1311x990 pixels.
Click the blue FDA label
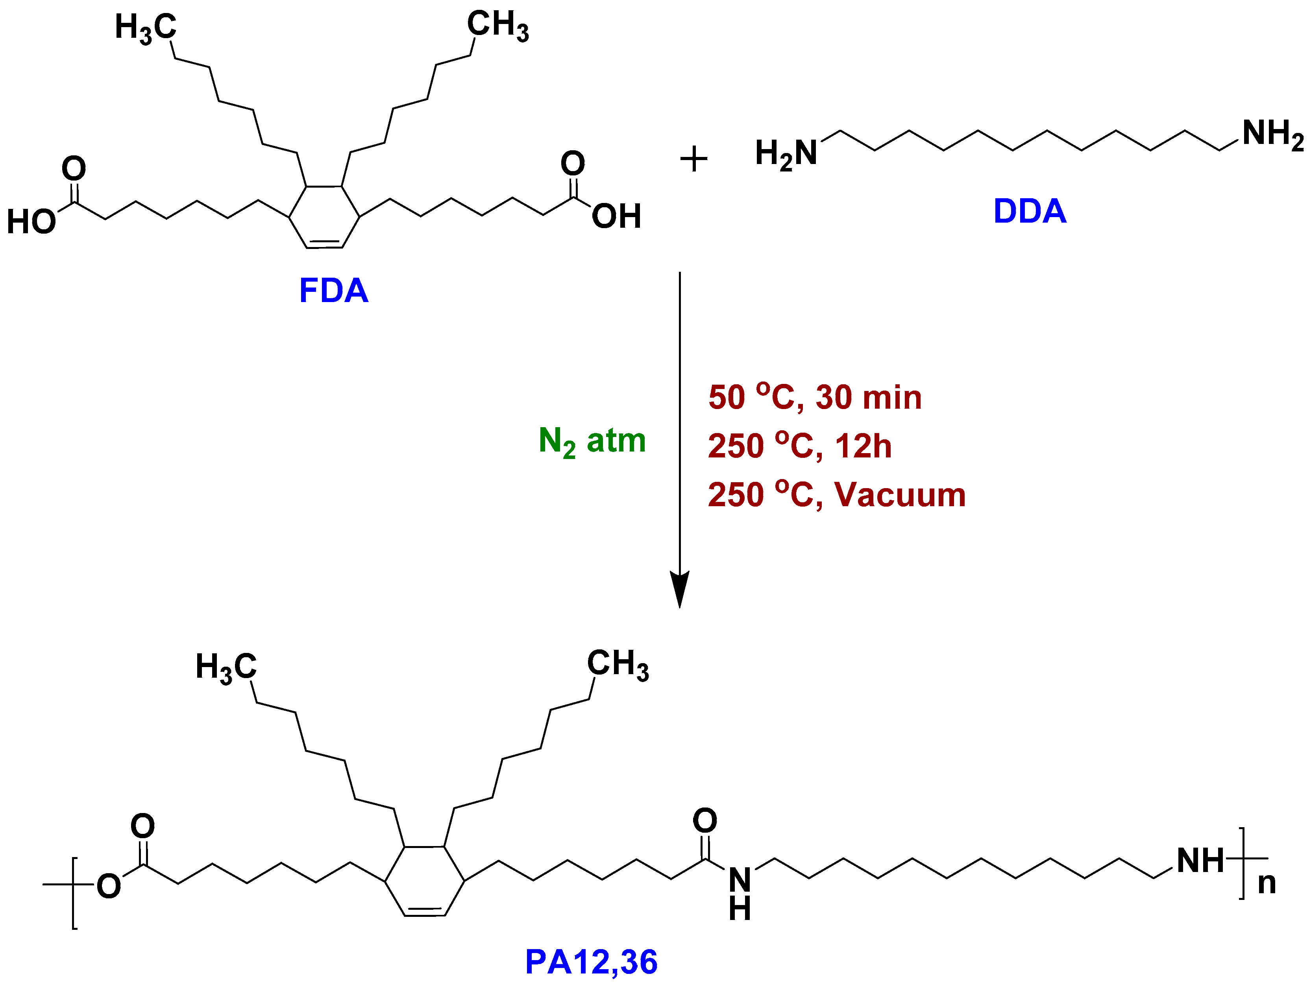pyautogui.click(x=334, y=291)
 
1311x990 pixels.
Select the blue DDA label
pyautogui.click(x=1030, y=212)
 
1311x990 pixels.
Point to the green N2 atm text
pyautogui.click(x=592, y=441)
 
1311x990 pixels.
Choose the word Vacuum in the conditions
pyautogui.click(x=900, y=495)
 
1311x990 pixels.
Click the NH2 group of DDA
pyautogui.click(x=1272, y=134)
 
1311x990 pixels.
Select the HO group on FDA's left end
pyautogui.click(x=31, y=222)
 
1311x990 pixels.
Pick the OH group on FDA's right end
pyautogui.click(x=616, y=216)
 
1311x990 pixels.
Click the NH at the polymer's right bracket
pyautogui.click(x=1200, y=861)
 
